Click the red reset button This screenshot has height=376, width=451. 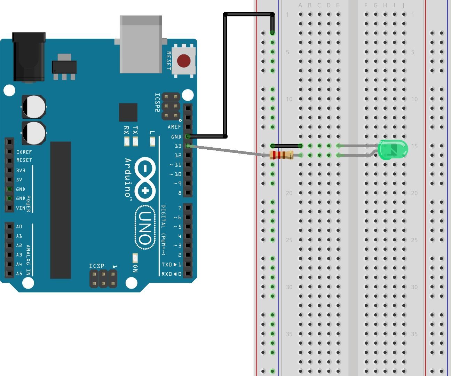click(184, 61)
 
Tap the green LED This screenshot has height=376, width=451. click(393, 150)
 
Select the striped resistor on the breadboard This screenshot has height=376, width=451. click(282, 155)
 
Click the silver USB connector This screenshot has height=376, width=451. click(141, 44)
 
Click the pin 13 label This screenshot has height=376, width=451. click(178, 146)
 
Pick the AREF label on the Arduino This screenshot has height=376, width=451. click(174, 127)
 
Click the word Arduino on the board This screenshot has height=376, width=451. click(128, 178)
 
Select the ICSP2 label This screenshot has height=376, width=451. click(157, 102)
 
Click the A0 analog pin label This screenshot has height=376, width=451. click(19, 227)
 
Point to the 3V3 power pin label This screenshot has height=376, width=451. click(21, 170)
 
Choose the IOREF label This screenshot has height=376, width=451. click(24, 152)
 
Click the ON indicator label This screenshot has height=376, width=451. click(135, 268)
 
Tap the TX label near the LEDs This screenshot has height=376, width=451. click(135, 130)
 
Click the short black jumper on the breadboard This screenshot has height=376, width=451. click(286, 146)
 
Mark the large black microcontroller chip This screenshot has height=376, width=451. click(61, 210)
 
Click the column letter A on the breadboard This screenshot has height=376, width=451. click(300, 5)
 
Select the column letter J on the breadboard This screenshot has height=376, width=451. click(404, 5)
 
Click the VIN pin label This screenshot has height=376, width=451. click(21, 208)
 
